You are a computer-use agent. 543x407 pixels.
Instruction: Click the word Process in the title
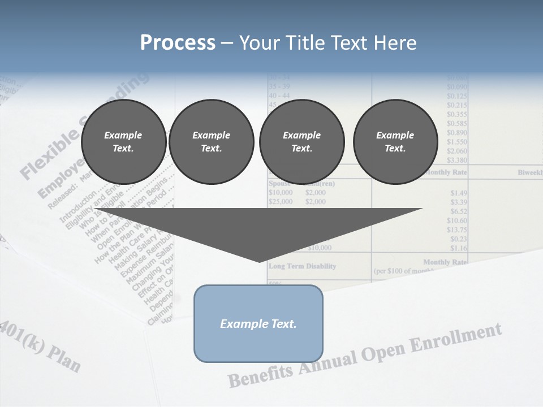tap(178, 42)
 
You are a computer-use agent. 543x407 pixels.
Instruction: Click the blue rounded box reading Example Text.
tap(258, 323)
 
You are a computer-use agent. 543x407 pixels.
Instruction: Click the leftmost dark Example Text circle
tap(123, 141)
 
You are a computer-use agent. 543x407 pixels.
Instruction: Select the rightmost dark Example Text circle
tap(395, 141)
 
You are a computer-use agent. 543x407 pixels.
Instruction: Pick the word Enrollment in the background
tap(459, 340)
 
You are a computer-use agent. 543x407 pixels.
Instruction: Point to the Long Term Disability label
tap(302, 266)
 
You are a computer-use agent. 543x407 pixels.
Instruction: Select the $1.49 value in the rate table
tap(459, 193)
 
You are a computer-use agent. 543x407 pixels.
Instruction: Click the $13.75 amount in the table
tap(456, 230)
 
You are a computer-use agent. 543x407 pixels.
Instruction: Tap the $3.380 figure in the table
tap(456, 160)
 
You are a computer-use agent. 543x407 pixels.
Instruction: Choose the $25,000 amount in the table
tap(280, 202)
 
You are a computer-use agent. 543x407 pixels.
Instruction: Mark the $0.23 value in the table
tap(459, 239)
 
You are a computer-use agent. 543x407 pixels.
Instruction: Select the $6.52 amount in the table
tap(459, 211)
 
